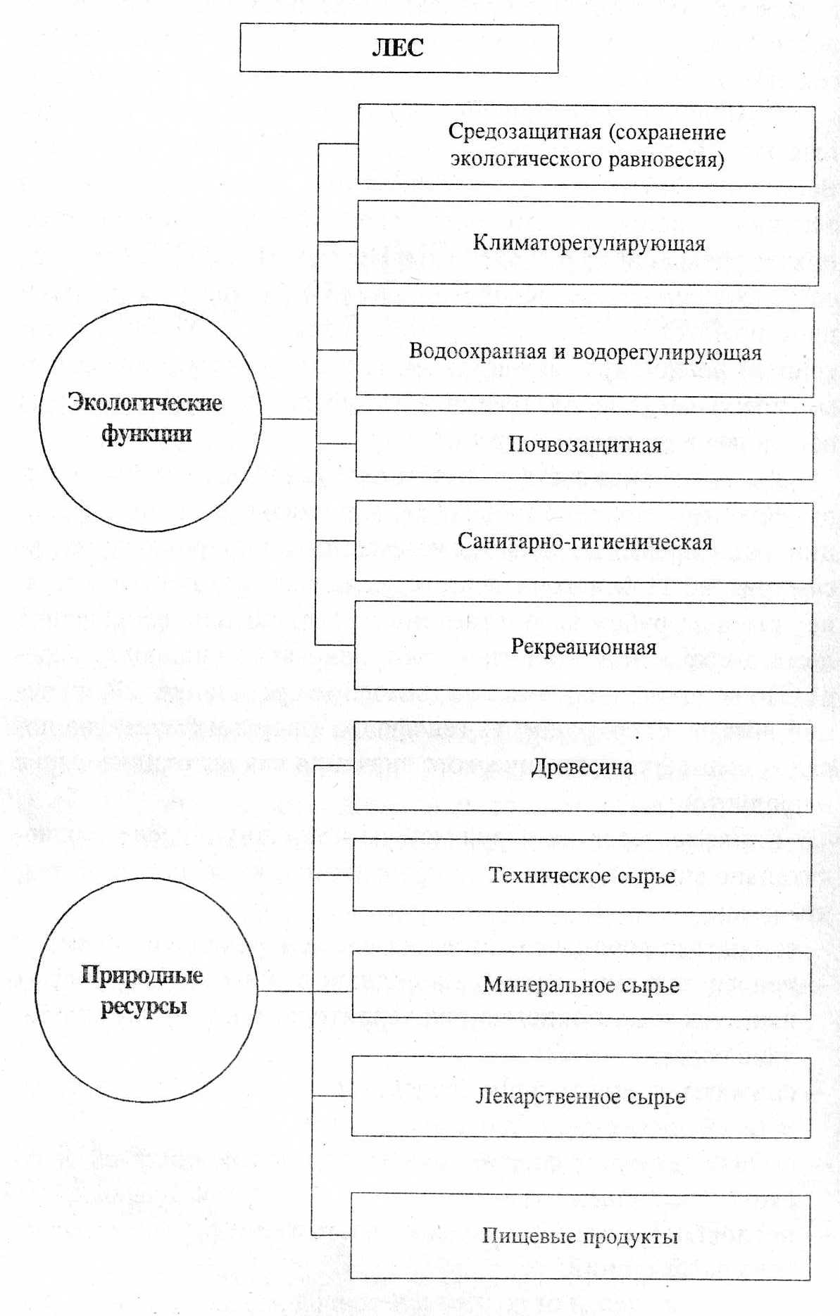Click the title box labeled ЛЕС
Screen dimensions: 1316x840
(x=399, y=48)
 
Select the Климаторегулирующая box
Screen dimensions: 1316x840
(x=587, y=243)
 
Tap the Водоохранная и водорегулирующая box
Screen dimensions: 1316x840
(x=584, y=351)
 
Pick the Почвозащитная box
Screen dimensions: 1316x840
(x=584, y=445)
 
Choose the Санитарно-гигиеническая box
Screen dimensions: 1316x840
(x=584, y=541)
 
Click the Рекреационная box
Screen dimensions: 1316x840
(x=583, y=646)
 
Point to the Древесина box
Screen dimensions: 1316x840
(x=582, y=766)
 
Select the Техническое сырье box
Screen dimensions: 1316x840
(x=582, y=875)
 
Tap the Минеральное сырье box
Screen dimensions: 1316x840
(x=581, y=985)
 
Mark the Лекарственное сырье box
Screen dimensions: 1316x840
(x=580, y=1096)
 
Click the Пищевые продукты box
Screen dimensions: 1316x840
(x=579, y=1236)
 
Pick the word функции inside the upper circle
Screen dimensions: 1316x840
(x=146, y=433)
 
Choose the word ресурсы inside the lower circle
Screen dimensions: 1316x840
(x=144, y=1006)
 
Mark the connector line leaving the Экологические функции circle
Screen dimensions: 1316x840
(x=289, y=419)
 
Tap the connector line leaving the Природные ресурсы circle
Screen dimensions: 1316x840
(x=285, y=991)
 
